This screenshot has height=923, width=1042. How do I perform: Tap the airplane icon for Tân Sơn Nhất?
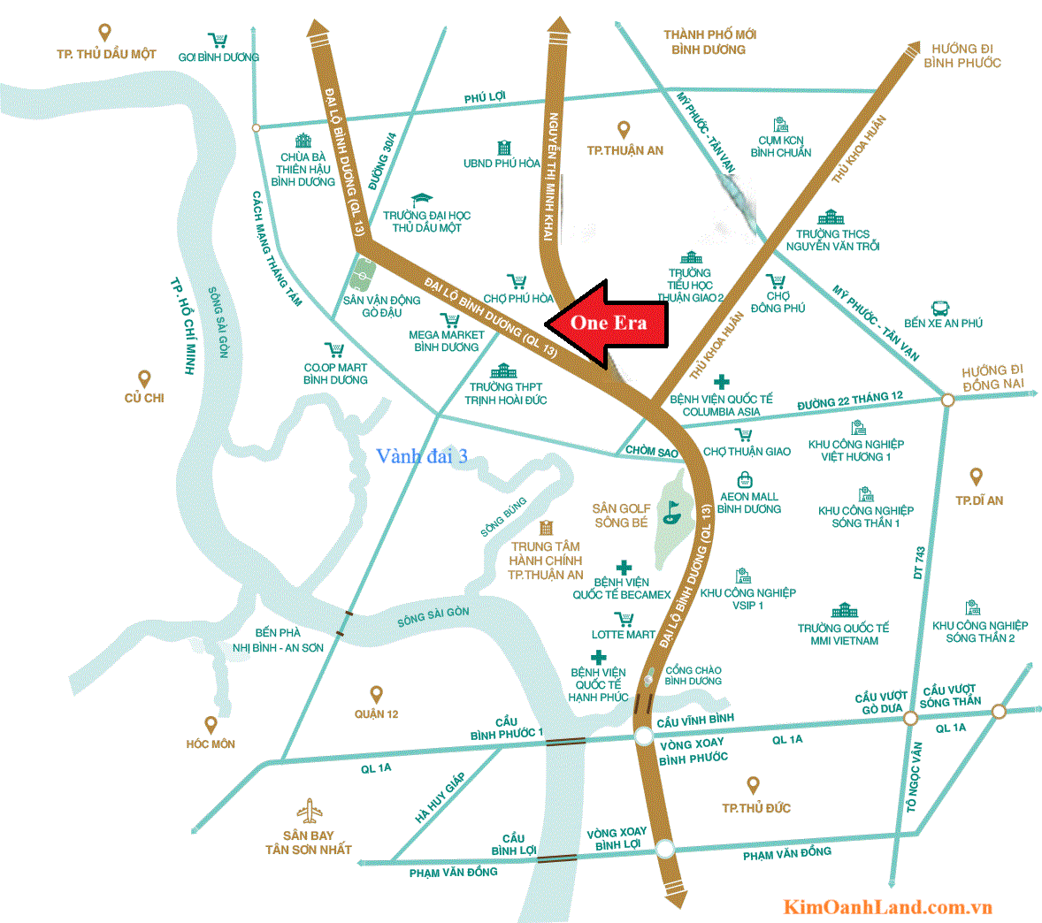[310, 811]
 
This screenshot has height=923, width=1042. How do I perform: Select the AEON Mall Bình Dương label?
[748, 503]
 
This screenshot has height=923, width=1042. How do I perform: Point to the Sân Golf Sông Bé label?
[621, 515]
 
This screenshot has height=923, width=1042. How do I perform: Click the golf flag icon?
[672, 512]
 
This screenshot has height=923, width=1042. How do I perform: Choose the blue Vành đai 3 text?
[421, 456]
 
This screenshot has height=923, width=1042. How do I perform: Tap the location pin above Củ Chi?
[144, 379]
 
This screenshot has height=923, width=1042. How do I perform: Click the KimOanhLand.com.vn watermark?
[887, 907]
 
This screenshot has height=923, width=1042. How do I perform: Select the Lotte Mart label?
[624, 635]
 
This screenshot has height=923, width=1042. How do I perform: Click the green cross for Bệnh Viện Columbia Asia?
[722, 382]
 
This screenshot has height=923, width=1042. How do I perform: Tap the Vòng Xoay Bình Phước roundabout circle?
[644, 737]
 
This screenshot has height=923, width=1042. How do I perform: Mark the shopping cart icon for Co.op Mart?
[333, 350]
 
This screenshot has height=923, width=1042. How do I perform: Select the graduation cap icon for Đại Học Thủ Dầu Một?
[421, 201]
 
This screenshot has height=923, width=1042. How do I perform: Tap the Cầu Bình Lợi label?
[514, 844]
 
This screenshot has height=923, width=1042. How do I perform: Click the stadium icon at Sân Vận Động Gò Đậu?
[361, 275]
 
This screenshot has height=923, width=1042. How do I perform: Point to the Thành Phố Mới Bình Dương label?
[709, 42]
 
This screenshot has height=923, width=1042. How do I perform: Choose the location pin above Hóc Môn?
[211, 725]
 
